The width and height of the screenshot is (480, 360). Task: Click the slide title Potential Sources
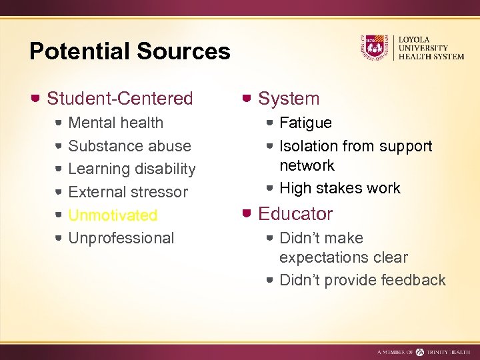pyautogui.click(x=130, y=51)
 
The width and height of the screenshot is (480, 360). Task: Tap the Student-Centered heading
pyautogui.click(x=120, y=99)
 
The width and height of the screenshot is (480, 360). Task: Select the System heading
pyautogui.click(x=289, y=99)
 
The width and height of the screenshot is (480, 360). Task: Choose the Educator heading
pyautogui.click(x=295, y=214)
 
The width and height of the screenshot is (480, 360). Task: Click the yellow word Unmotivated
pyautogui.click(x=113, y=215)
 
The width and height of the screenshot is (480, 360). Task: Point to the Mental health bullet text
pyautogui.click(x=116, y=123)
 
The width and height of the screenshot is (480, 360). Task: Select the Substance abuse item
pyautogui.click(x=129, y=146)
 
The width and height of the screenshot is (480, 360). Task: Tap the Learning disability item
pyautogui.click(x=132, y=169)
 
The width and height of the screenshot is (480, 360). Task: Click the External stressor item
pyautogui.click(x=128, y=192)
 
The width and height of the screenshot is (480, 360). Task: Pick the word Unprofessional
pyautogui.click(x=121, y=238)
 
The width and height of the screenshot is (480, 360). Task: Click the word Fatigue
pyautogui.click(x=305, y=123)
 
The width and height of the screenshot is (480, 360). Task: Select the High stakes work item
pyautogui.click(x=340, y=188)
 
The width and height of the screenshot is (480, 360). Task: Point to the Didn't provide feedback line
pyautogui.click(x=363, y=280)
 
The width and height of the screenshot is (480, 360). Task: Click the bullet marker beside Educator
pyautogui.click(x=247, y=214)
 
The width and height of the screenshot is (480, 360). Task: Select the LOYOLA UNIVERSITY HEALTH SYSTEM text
pyautogui.click(x=431, y=48)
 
